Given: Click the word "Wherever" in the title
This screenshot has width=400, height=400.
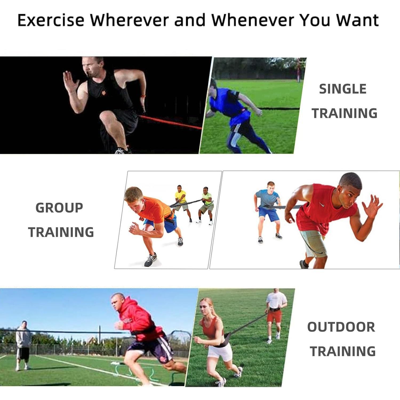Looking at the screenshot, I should [129, 20].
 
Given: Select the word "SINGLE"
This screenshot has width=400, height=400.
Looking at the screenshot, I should [343, 89].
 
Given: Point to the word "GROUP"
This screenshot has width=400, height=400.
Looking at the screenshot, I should [59, 208].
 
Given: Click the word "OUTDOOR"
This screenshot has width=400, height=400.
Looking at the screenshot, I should [341, 327].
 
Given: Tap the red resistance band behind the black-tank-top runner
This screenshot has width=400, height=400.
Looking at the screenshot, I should [171, 122].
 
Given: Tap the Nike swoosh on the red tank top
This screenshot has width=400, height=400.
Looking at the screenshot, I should [322, 205].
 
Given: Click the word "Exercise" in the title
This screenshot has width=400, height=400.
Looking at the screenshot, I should [51, 20].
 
